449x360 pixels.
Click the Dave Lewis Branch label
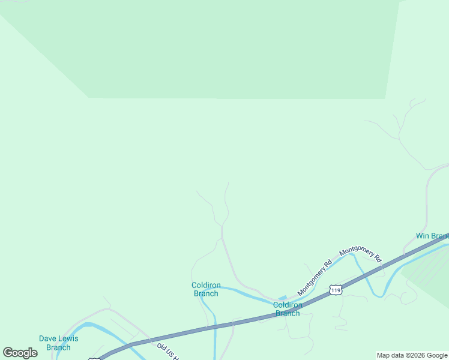tap(58, 343)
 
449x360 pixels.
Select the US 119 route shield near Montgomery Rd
tap(336, 290)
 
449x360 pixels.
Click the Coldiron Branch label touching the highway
tap(288, 309)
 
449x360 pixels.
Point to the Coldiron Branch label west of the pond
tap(206, 289)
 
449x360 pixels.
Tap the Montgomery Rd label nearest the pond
tap(315, 277)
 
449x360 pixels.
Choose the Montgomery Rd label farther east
tap(361, 256)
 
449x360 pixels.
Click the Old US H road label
tap(169, 352)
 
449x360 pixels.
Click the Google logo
tap(20, 353)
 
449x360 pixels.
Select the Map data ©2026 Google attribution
tap(412, 355)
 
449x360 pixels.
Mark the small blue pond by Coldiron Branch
tap(282, 297)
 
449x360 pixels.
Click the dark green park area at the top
tap(240, 48)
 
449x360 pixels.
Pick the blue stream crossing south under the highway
tap(215, 342)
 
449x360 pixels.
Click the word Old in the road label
tap(161, 346)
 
